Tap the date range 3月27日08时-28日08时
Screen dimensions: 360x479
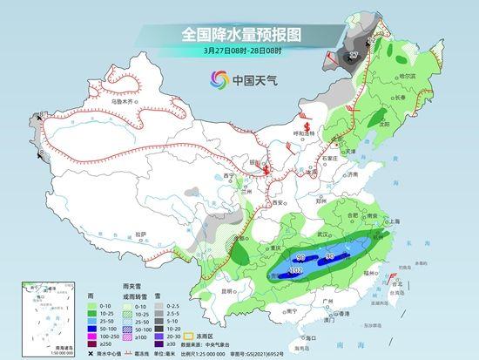coord(239,51)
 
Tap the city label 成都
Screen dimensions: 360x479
coord(232,241)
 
